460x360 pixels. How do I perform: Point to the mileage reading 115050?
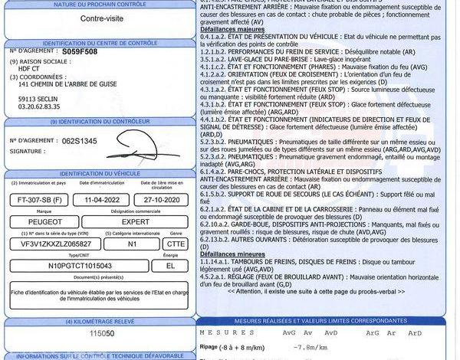[x=102, y=335]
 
